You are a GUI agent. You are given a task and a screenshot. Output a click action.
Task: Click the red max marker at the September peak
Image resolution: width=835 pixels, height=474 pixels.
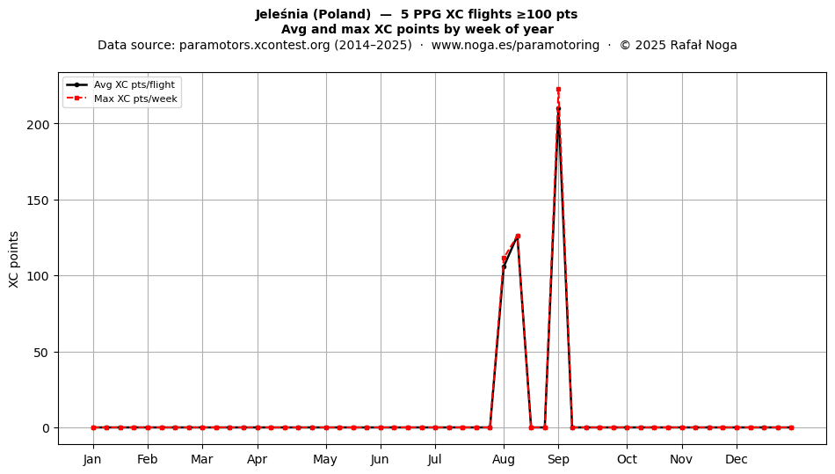[x=558, y=90]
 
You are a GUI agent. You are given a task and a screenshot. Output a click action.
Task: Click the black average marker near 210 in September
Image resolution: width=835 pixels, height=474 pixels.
[x=558, y=109]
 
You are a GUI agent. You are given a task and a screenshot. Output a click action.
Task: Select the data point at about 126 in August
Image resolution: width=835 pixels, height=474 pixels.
[x=518, y=236]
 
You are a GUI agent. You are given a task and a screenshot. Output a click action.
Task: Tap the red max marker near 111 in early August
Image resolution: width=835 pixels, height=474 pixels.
[x=504, y=259]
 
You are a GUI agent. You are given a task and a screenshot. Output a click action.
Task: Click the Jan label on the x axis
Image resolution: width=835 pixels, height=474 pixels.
[x=92, y=459]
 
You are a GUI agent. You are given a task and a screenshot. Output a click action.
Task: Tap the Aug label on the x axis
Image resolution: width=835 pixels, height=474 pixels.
[x=504, y=459]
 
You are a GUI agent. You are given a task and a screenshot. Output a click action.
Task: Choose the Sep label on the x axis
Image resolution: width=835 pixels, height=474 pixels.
[x=558, y=459]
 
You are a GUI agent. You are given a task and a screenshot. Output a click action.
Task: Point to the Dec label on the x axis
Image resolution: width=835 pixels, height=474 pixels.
[x=737, y=459]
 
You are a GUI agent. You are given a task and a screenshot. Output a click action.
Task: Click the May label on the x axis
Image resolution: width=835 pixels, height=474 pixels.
[x=325, y=459]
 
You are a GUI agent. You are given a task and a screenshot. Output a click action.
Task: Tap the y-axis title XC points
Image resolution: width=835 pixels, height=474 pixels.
[x=14, y=259]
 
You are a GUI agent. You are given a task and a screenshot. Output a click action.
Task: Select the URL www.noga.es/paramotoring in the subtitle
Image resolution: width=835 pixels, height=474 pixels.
[x=515, y=45]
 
